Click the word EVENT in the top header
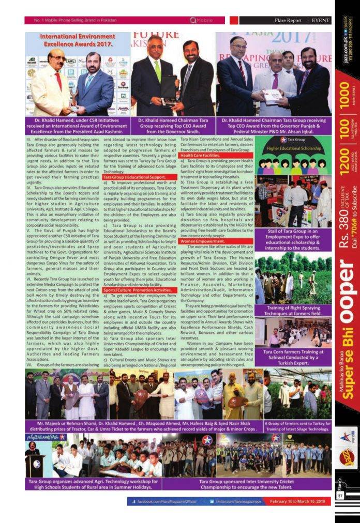[321, 21]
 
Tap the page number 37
[340, 496]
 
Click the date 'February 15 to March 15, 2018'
[299, 501]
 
